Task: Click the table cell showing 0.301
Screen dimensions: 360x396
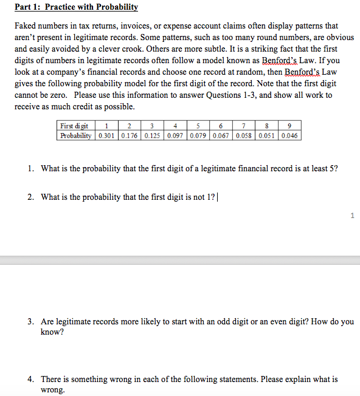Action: point(106,135)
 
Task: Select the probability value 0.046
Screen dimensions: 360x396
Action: point(290,135)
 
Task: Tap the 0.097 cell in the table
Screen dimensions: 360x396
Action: point(175,135)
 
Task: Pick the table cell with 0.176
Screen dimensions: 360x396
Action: point(129,135)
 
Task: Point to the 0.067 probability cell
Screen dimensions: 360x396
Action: point(221,135)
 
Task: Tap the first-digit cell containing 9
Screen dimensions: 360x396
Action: point(290,126)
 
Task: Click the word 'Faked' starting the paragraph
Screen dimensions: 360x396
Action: point(27,26)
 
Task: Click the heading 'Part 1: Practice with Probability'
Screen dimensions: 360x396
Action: point(77,7)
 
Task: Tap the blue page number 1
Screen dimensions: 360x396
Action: point(351,214)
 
